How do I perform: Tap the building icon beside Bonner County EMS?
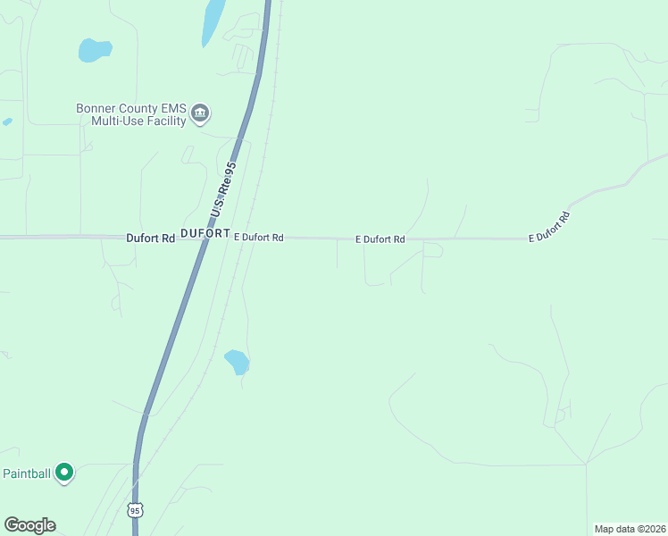(x=200, y=113)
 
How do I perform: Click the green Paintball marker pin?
(x=64, y=472)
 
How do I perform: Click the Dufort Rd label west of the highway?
(x=150, y=239)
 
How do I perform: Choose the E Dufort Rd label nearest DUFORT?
(x=258, y=238)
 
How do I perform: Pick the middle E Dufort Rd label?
(x=380, y=239)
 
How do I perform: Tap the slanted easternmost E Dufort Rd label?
(x=549, y=227)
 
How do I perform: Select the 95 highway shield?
(x=134, y=510)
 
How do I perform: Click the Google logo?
(x=29, y=525)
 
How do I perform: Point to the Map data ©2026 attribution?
(x=630, y=529)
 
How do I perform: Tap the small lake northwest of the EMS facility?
(x=94, y=50)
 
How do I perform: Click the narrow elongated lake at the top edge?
(x=213, y=21)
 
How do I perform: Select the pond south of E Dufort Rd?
(x=237, y=362)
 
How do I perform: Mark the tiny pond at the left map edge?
(x=7, y=121)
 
